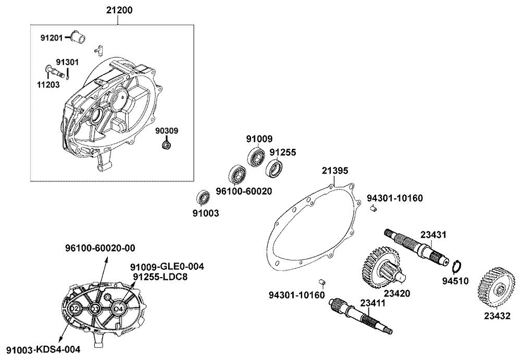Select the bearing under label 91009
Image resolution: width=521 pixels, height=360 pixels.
[256, 157]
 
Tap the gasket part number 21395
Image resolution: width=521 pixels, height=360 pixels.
[334, 171]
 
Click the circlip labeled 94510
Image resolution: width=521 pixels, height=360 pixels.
[455, 266]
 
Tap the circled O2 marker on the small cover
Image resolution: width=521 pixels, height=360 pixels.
[75, 309]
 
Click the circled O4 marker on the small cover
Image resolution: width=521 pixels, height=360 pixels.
[118, 308]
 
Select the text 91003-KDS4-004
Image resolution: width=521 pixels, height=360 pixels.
[44, 349]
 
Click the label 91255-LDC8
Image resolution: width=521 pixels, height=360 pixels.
[159, 277]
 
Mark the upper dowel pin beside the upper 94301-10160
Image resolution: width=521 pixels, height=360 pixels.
[373, 209]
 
